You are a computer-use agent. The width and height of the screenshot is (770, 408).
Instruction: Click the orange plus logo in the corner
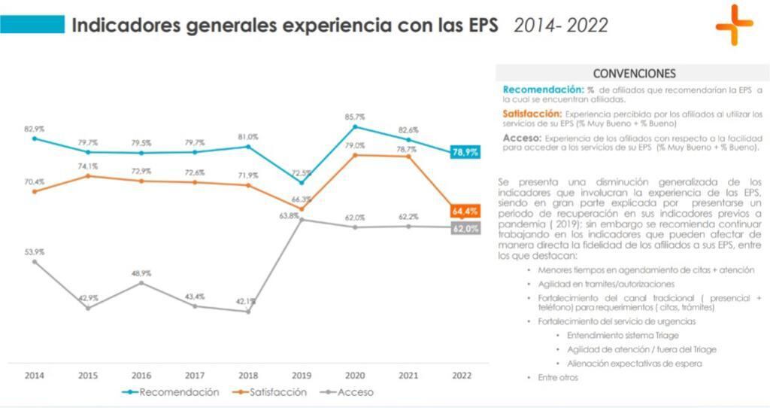734,25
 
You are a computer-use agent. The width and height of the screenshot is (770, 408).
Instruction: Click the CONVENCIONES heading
634,74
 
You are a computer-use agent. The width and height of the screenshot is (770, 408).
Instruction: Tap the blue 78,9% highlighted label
465,152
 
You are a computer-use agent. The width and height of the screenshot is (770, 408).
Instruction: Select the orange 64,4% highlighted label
465,211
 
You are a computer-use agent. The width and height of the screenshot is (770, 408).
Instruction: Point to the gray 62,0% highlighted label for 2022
465,228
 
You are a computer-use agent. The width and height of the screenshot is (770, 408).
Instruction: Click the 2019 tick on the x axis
302,375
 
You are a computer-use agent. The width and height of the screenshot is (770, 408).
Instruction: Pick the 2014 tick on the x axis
34,375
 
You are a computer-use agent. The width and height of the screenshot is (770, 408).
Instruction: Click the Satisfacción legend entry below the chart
269,392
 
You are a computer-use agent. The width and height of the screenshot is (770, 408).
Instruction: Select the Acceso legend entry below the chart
347,392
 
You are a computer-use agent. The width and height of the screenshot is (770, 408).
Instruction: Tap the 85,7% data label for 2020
355,117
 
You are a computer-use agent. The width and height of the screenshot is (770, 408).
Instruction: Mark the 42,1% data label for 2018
247,301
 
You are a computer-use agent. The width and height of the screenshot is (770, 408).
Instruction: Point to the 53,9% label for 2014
34,251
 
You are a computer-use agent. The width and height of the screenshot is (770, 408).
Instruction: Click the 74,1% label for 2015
87,166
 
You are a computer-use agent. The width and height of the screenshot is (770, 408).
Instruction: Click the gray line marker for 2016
141,282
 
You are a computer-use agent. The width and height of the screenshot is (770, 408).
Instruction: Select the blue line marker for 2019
302,182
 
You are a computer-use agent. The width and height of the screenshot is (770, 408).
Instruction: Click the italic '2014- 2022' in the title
561,26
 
